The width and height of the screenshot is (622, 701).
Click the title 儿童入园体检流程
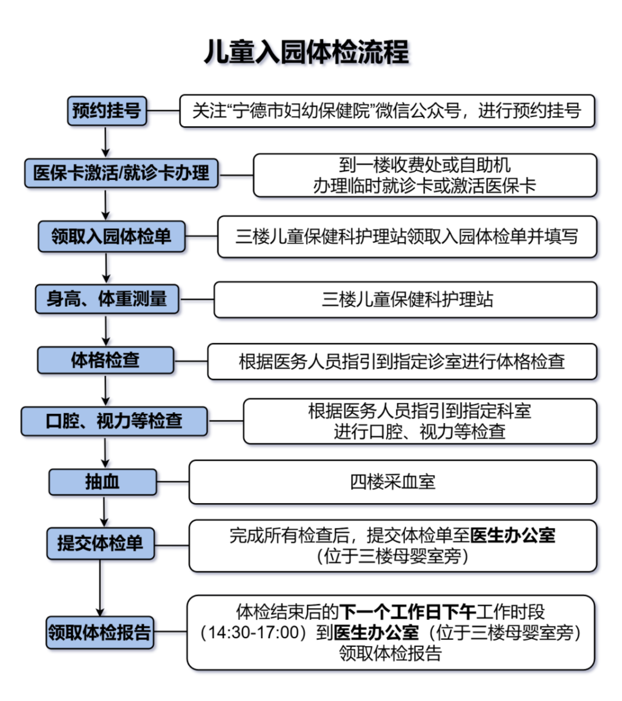point(306,52)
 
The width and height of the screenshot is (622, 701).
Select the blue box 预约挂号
point(107,111)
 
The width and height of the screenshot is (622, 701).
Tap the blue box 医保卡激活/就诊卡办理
point(122,173)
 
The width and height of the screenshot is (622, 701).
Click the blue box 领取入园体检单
point(111,236)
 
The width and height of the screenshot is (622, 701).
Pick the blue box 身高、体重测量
point(107,299)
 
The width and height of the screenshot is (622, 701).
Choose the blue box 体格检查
point(105,360)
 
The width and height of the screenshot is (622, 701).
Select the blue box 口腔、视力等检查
point(114,421)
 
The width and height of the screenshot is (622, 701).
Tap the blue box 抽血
point(103,482)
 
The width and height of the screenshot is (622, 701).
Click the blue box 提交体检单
point(100,543)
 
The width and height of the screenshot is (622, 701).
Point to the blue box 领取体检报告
point(100,632)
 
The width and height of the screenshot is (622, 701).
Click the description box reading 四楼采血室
point(392,481)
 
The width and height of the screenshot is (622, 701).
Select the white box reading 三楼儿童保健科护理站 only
point(405,300)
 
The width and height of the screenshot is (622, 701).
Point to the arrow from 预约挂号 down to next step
point(105,142)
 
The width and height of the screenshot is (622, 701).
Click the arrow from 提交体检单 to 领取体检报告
point(100,588)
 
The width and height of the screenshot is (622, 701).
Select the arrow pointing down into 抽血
point(105,452)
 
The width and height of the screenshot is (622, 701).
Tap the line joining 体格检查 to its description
point(191,361)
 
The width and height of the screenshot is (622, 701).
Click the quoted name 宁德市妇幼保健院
point(301,111)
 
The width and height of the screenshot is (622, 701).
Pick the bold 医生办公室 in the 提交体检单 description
point(513,536)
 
